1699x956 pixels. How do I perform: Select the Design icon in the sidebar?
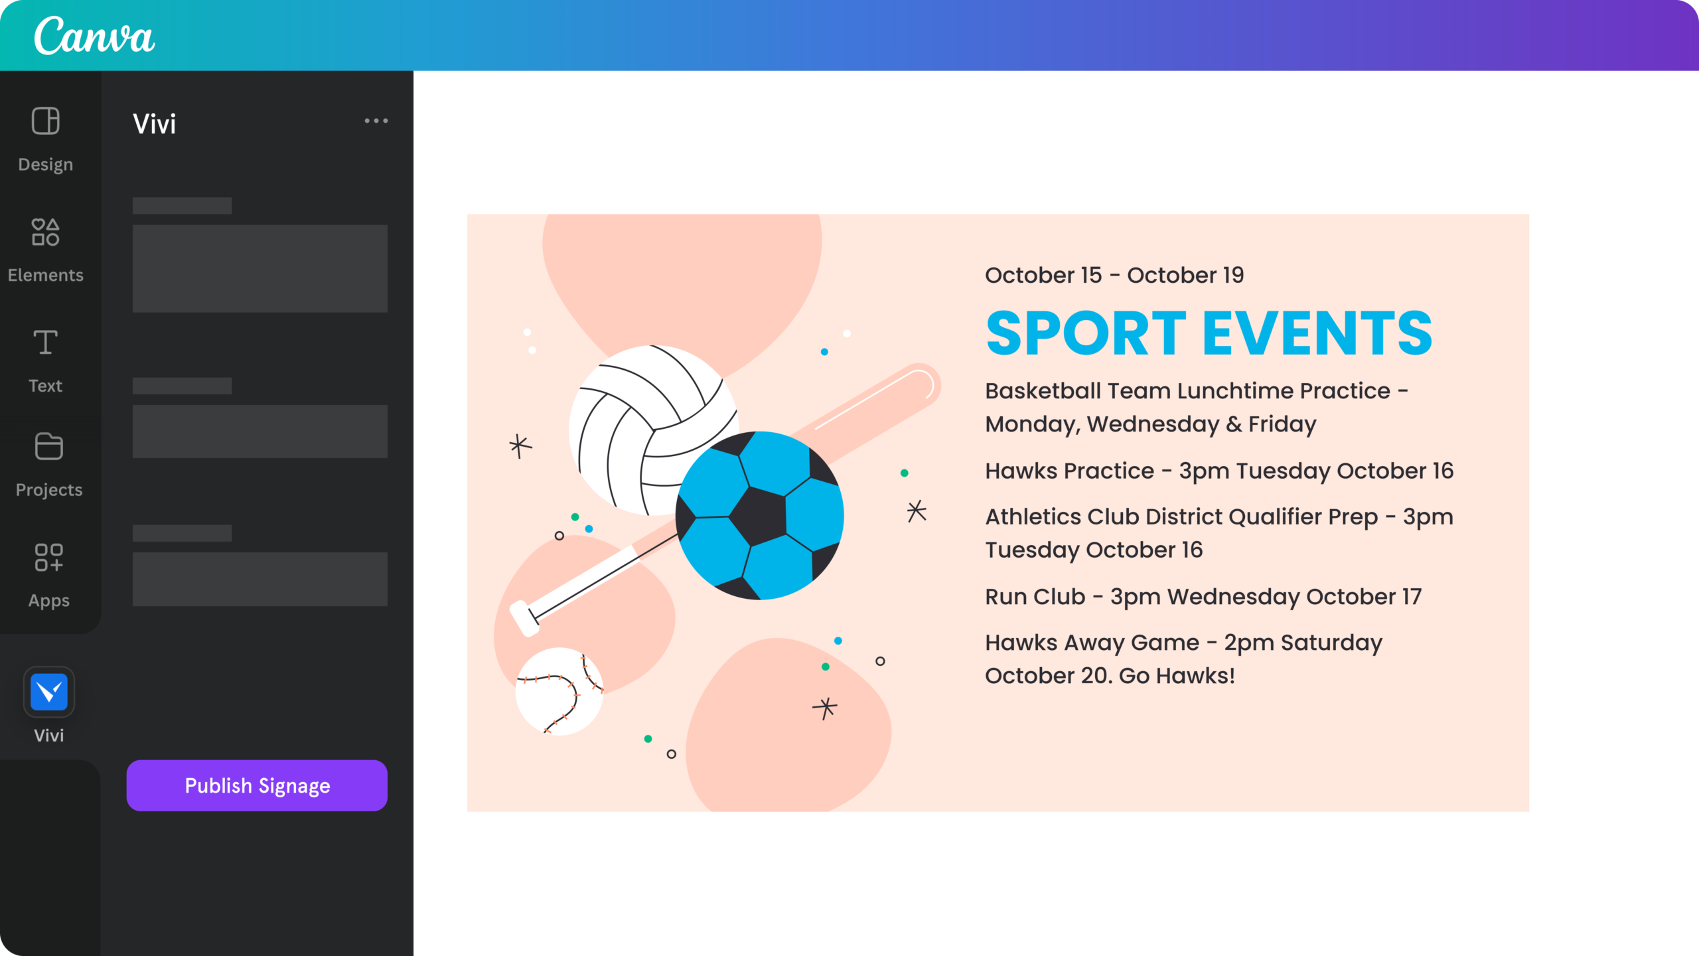point(46,121)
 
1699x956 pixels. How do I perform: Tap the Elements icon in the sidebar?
point(46,232)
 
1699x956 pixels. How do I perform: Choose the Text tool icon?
point(46,342)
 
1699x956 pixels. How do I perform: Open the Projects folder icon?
point(48,446)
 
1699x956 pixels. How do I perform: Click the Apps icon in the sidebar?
point(48,557)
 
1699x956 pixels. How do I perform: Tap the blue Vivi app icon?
point(49,692)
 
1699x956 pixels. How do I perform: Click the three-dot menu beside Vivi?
point(376,121)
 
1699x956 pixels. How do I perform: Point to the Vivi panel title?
point(155,124)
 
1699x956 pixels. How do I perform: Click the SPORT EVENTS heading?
point(1209,333)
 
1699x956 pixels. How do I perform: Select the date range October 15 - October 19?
point(1114,275)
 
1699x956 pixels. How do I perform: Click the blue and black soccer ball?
point(760,516)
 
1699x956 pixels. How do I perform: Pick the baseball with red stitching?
point(559,691)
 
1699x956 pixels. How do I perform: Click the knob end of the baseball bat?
point(524,618)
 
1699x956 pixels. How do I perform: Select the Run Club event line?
point(1203,597)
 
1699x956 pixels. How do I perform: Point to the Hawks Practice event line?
point(1219,471)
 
